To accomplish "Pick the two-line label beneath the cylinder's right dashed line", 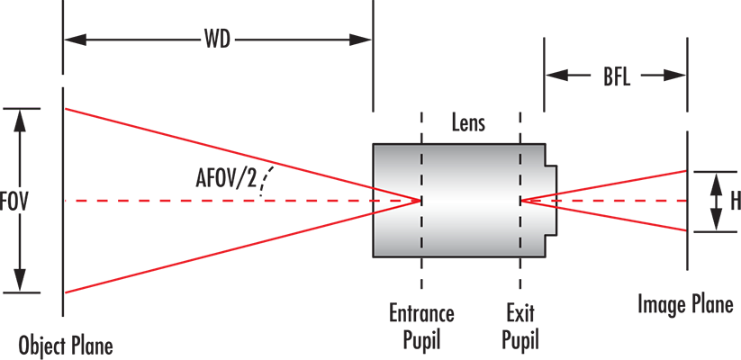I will (520, 326).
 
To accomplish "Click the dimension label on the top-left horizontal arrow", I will (212, 38).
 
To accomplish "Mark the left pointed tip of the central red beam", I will (74, 200).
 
